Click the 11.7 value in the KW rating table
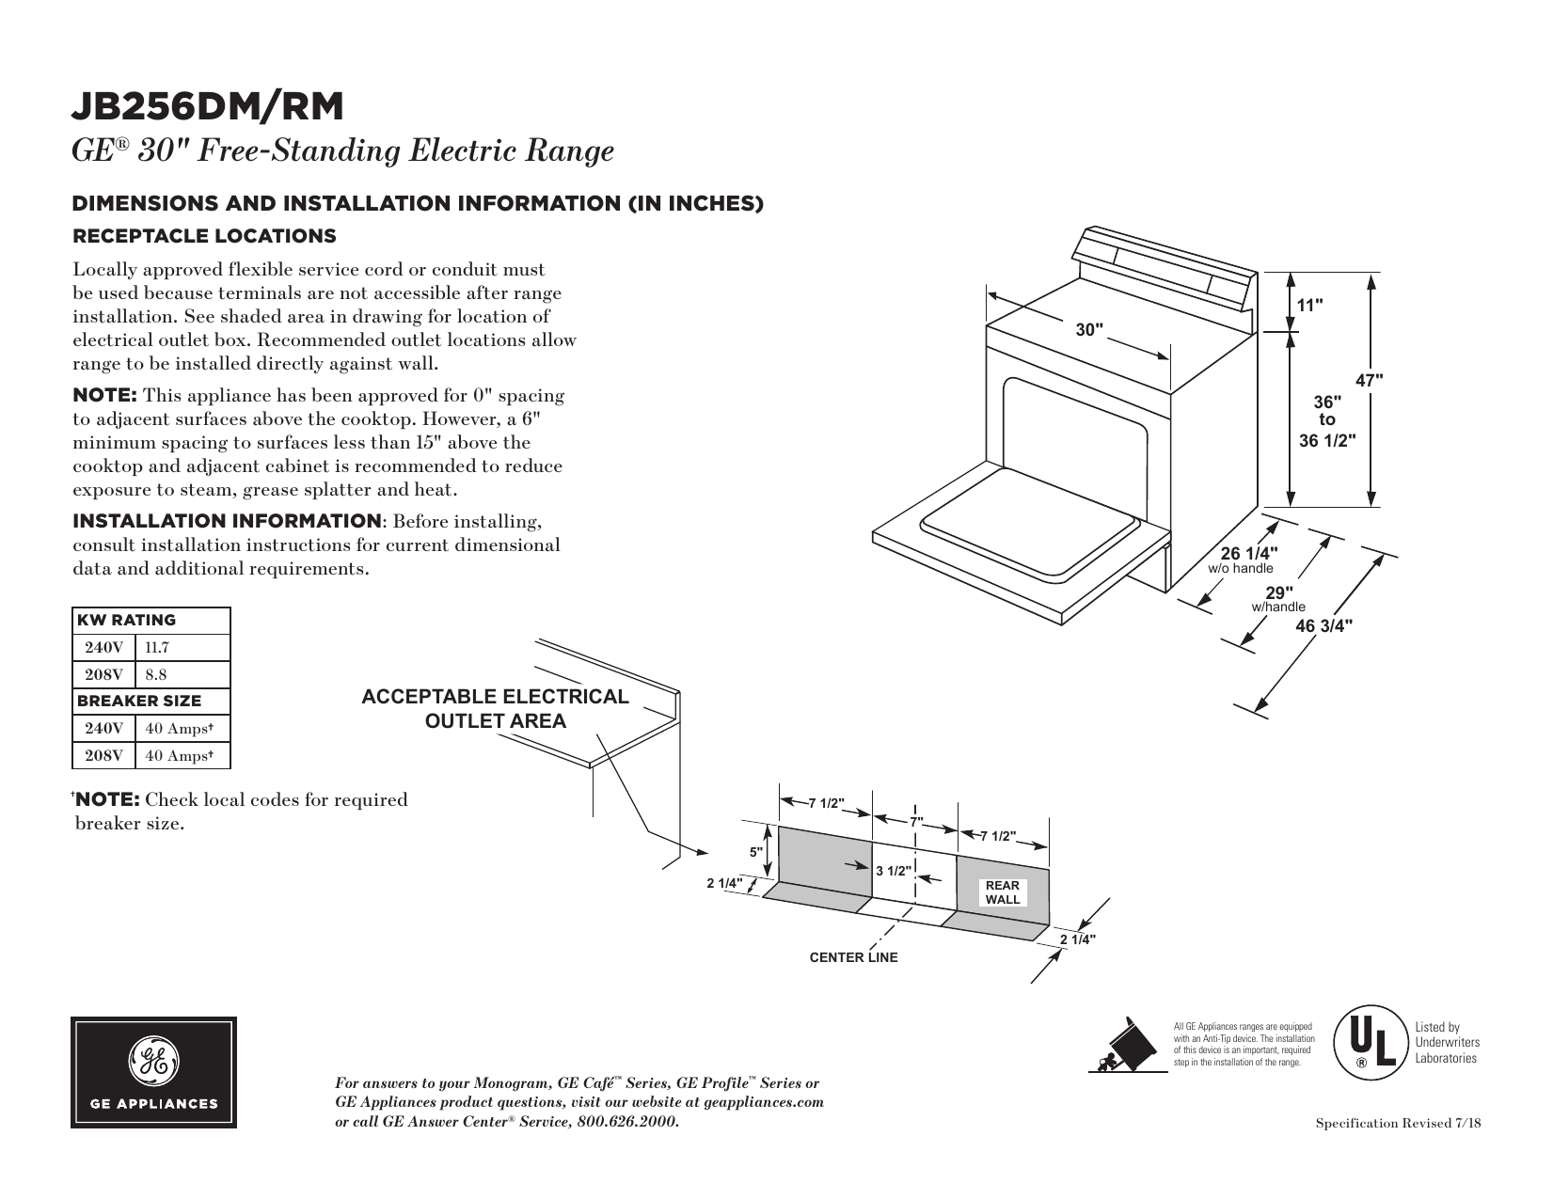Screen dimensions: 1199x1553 [157, 648]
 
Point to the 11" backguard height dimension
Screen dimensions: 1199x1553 [1309, 305]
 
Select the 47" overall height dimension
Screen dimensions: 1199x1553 [1370, 381]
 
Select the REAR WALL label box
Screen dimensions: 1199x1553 [1002, 892]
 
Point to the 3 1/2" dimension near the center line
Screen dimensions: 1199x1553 [894, 871]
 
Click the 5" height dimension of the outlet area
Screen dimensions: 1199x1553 [755, 852]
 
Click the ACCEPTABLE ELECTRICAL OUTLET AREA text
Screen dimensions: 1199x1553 [496, 709]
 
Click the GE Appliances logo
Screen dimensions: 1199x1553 [153, 1072]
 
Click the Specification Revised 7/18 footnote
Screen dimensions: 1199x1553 [1398, 1125]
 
